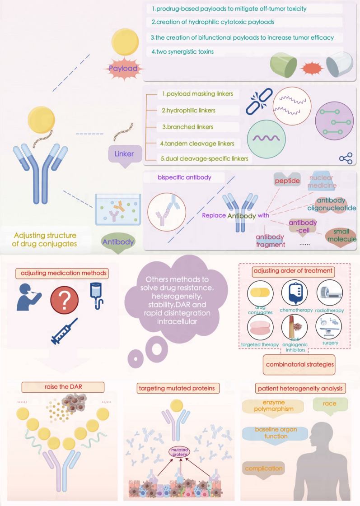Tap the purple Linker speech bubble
click(x=124, y=154)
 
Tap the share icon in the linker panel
click(x=346, y=158)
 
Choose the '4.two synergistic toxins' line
click(x=183, y=51)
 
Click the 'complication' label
click(x=264, y=469)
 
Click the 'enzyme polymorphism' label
click(x=271, y=405)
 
